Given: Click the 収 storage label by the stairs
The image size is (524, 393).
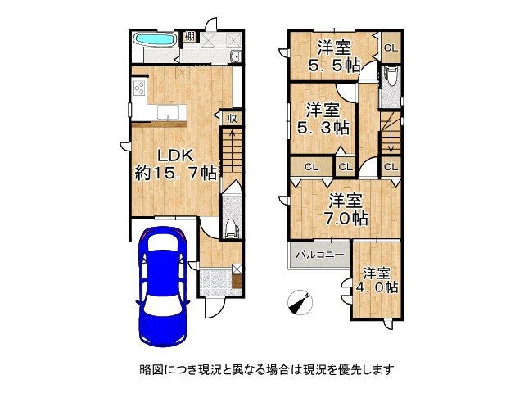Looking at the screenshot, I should click(x=233, y=118).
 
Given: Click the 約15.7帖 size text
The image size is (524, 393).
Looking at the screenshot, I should click(x=176, y=174).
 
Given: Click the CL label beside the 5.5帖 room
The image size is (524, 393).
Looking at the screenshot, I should click(x=390, y=47).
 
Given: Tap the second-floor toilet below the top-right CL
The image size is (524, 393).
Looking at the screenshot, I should click(x=391, y=79).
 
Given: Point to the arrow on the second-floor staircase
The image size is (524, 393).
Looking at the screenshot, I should click(x=391, y=139).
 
